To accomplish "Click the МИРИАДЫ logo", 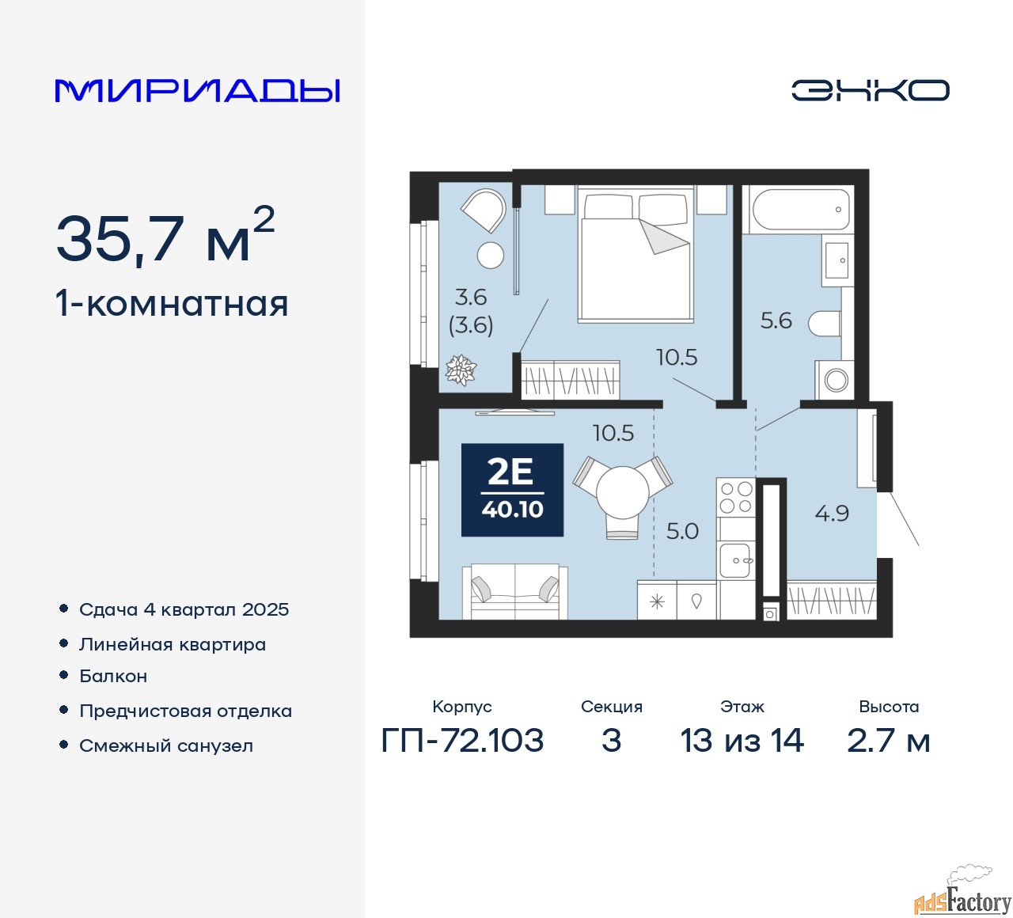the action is [x=197, y=91].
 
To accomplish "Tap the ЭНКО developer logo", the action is [x=870, y=90].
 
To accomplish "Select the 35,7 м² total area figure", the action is [x=165, y=237].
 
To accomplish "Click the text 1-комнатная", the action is [x=173, y=305].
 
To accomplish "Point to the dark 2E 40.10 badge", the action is [x=512, y=489].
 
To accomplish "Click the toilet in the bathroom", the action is [x=825, y=324].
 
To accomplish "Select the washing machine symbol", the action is [x=834, y=380].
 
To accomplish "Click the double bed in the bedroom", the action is [x=636, y=253].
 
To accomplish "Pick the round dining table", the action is [x=623, y=491].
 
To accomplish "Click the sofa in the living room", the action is [x=515, y=591].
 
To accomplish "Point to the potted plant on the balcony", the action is [x=461, y=370].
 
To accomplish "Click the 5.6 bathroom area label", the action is [x=776, y=321].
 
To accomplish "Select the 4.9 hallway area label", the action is [x=832, y=514].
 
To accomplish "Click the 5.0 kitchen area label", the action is [x=682, y=531].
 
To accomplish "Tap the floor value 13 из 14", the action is [x=742, y=741].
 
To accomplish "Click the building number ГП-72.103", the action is [x=462, y=741].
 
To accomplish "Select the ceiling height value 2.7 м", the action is [x=888, y=741].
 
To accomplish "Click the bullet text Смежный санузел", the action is [x=166, y=745].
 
